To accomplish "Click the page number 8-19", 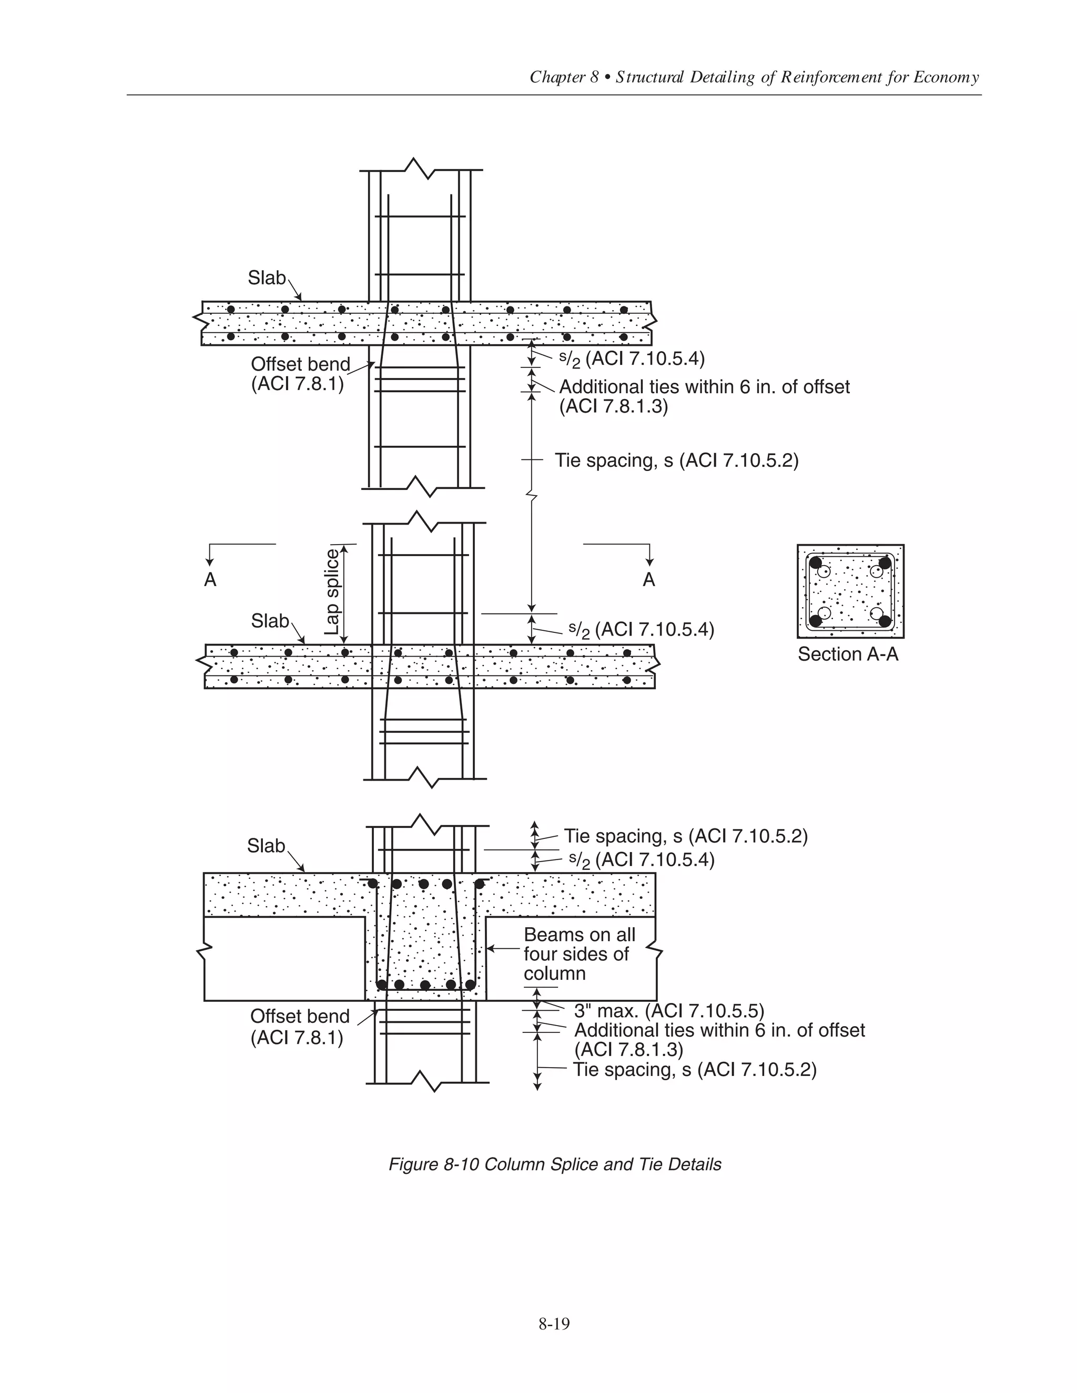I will pyautogui.click(x=553, y=1324).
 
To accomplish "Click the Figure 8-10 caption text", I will pyautogui.click(x=554, y=1164).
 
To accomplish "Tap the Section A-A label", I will pyautogui.click(x=847, y=654).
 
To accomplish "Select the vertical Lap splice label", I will pyautogui.click(x=332, y=592).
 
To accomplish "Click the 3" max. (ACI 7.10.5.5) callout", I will pyautogui.click(x=668, y=1011).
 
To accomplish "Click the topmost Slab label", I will pyautogui.click(x=266, y=278).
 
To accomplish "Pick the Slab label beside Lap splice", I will pyautogui.click(x=269, y=621).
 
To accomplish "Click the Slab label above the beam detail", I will pyautogui.click(x=266, y=846).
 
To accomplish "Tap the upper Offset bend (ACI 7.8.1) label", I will pyautogui.click(x=300, y=374).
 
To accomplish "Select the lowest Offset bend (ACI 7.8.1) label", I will pyautogui.click(x=299, y=1026).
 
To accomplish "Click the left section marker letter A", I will pyautogui.click(x=210, y=580).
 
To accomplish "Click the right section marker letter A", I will pyautogui.click(x=649, y=580).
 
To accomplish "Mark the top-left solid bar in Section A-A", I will pyautogui.click(x=816, y=562).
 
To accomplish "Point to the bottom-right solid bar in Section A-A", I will pyautogui.click(x=885, y=621).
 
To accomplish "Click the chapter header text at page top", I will pyautogui.click(x=754, y=78).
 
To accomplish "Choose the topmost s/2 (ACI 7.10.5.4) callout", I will pyautogui.click(x=632, y=359).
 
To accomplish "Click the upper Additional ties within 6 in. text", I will pyautogui.click(x=704, y=387).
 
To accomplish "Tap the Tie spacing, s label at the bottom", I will pyautogui.click(x=694, y=1070).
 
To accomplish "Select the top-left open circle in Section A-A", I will pyautogui.click(x=825, y=571).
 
